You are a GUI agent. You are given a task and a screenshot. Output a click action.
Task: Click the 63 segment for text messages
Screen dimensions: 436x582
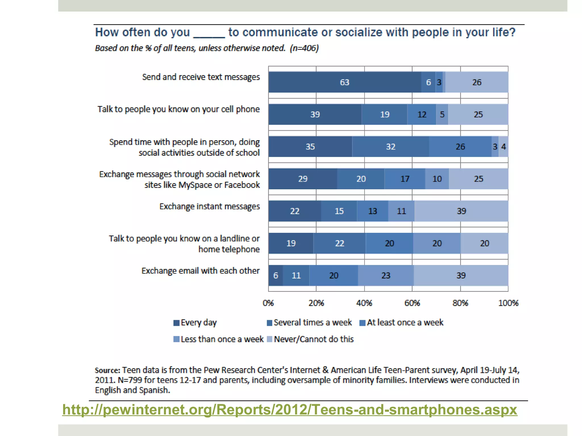344,82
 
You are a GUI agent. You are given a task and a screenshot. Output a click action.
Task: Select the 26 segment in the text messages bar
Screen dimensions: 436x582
477,82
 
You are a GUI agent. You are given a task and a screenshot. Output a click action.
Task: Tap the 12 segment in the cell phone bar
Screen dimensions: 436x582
422,114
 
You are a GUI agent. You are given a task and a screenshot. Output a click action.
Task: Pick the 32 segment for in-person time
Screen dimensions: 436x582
390,146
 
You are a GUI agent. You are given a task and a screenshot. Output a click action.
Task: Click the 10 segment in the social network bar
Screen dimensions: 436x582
437,179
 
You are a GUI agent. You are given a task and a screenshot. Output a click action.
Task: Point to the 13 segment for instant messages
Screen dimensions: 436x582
372,211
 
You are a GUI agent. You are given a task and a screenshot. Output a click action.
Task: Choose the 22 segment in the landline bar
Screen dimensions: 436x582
339,243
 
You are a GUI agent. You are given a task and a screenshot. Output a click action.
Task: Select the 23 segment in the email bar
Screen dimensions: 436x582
386,275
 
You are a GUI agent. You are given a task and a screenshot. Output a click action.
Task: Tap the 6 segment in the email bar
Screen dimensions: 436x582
275,275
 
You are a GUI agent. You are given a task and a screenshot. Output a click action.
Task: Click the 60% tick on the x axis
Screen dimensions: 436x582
412,303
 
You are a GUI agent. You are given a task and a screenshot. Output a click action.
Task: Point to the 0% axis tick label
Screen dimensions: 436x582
268,303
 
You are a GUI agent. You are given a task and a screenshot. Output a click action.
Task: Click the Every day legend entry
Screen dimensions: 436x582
196,322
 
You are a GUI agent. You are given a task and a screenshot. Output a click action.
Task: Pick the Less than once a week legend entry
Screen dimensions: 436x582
219,339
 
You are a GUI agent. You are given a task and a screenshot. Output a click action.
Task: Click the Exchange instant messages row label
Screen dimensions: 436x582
209,206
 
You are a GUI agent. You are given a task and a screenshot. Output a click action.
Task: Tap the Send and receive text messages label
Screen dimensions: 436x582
201,77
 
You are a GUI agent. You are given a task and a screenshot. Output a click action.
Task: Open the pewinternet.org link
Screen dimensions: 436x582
290,410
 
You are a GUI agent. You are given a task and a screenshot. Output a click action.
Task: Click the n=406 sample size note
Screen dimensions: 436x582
304,48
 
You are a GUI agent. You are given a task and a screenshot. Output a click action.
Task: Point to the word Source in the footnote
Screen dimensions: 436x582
107,370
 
